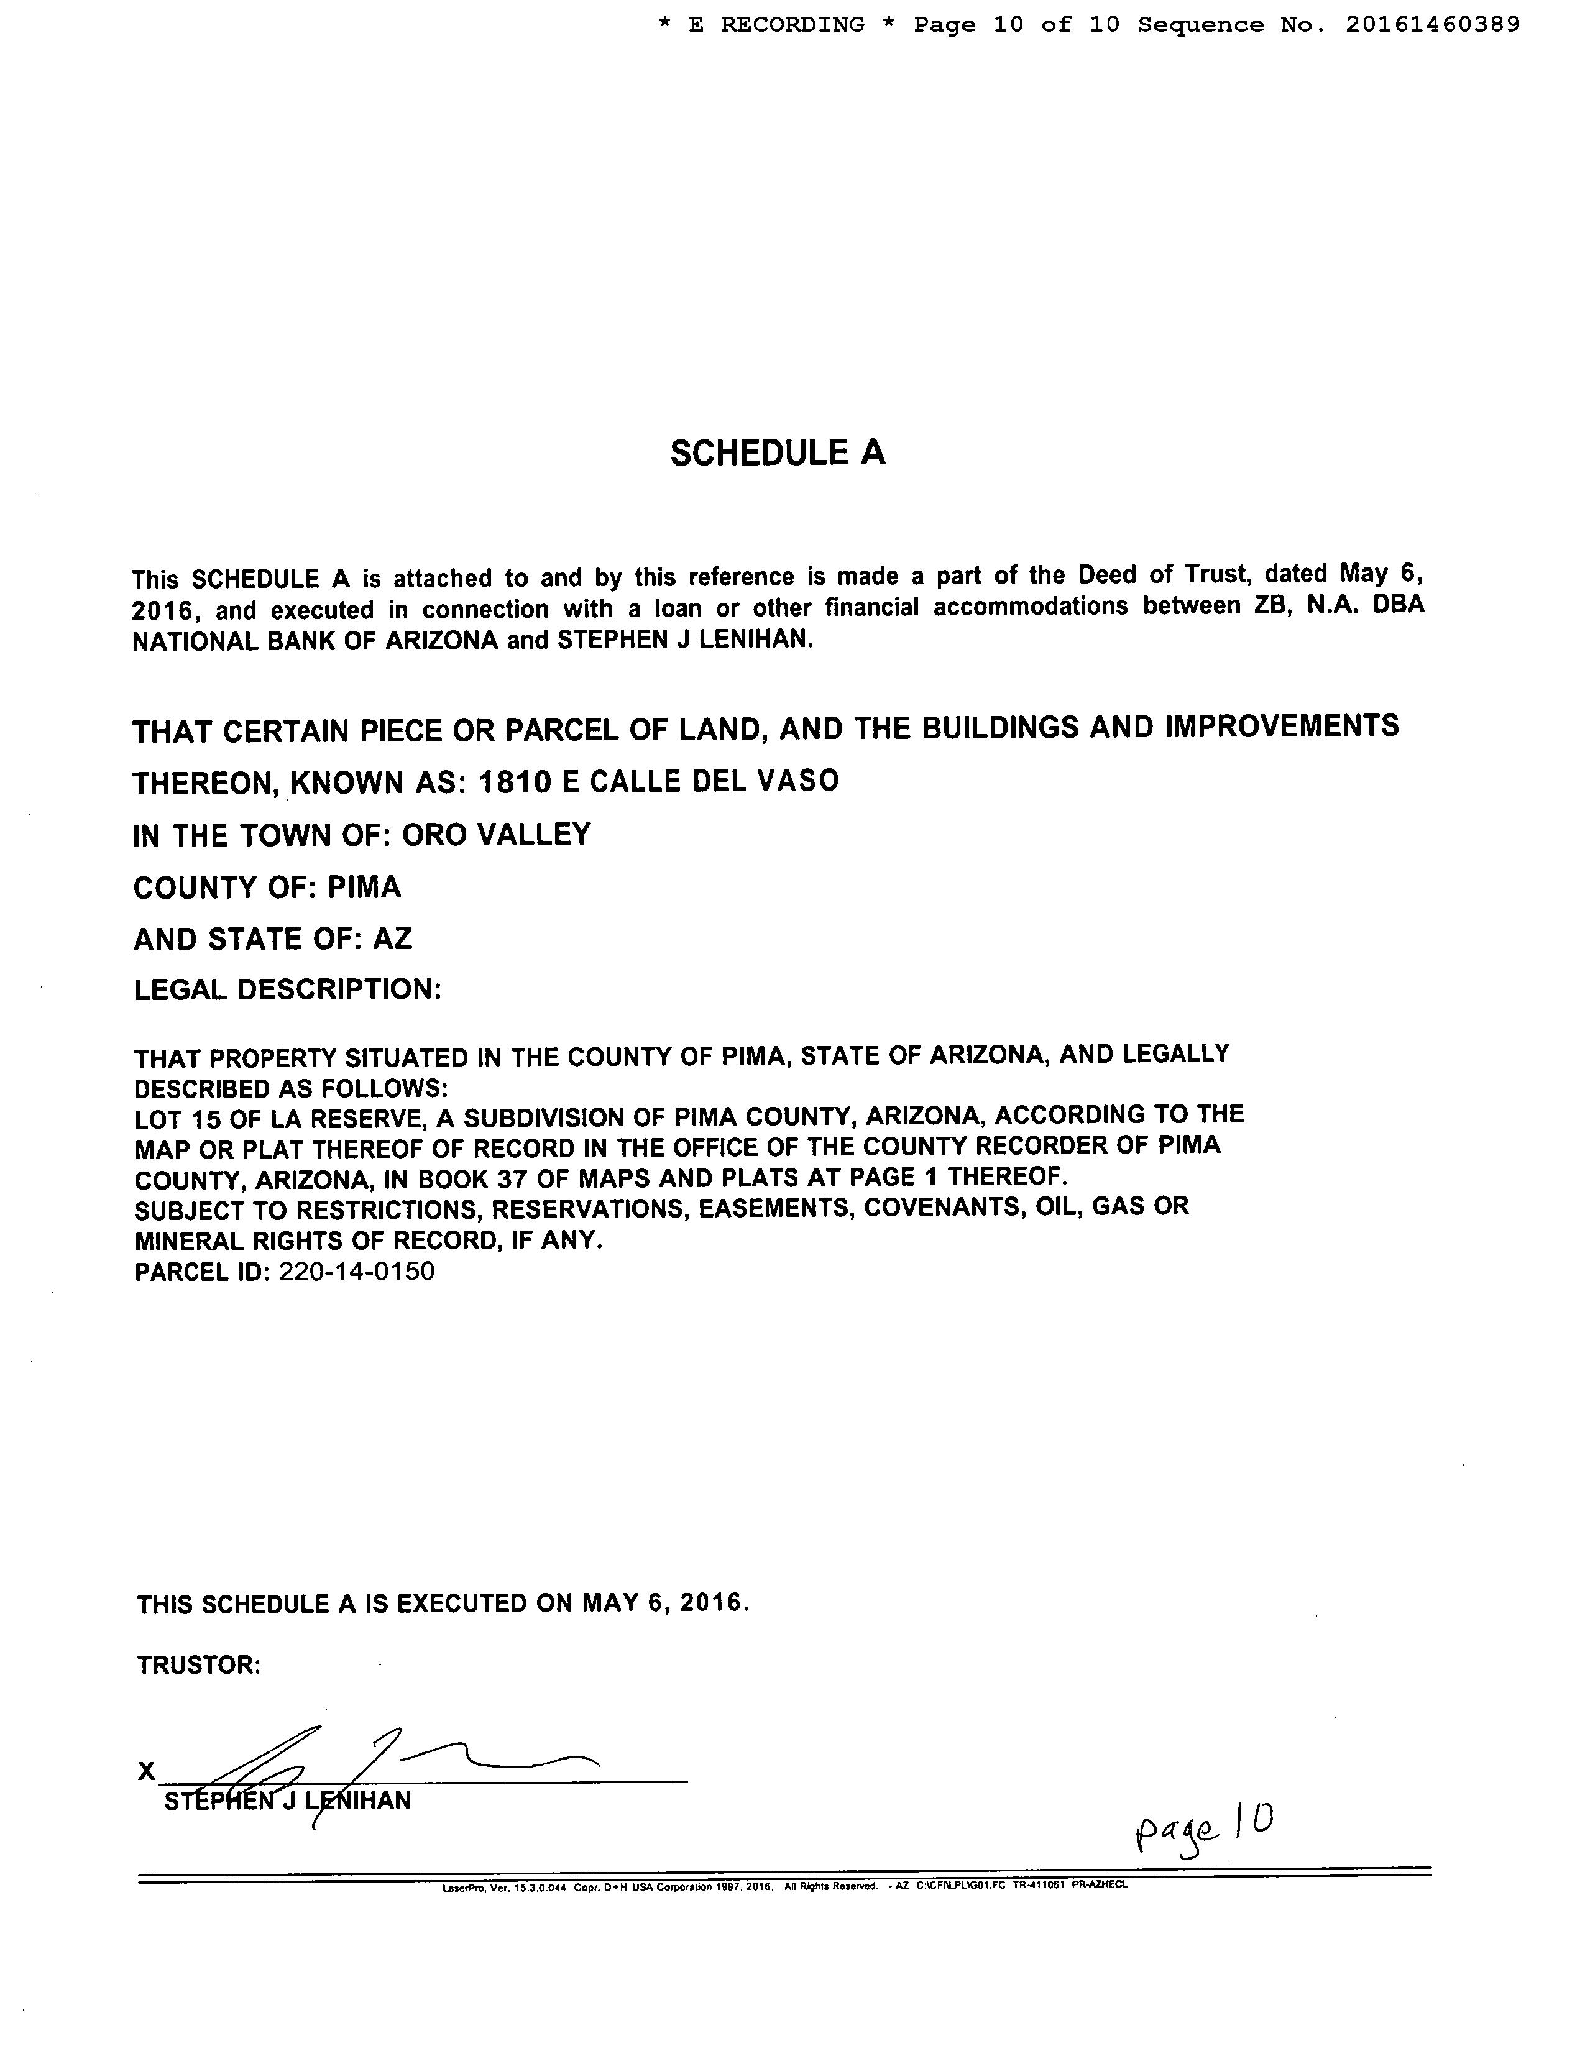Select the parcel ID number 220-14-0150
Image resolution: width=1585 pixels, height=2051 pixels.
pos(357,1272)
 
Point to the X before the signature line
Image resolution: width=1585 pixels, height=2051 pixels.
pos(147,1771)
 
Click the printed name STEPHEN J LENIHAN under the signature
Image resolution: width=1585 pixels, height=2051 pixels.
pos(287,1801)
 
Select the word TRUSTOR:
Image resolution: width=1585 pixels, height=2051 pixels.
pos(198,1665)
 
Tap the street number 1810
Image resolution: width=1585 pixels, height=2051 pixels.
pos(515,781)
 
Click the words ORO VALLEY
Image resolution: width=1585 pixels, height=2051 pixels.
pos(497,834)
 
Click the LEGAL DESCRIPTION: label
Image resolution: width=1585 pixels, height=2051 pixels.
pos(287,989)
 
